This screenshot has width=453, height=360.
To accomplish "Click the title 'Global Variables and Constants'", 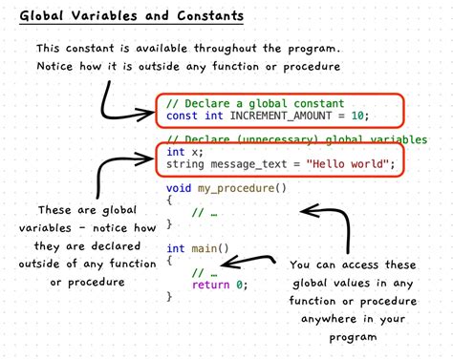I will click(131, 16).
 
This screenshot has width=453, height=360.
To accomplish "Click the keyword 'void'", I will click(180, 188).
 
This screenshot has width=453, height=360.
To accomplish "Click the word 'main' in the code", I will click(206, 249).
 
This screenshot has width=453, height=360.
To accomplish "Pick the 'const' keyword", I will click(183, 116).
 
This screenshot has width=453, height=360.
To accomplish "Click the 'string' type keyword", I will click(187, 164).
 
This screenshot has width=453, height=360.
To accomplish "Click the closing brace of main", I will click(169, 297).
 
